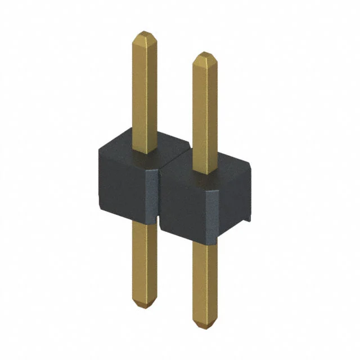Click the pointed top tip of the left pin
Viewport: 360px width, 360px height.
pyautogui.click(x=145, y=34)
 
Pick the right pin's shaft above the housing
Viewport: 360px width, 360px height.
pyautogui.click(x=205, y=112)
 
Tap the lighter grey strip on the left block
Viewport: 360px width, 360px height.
pyautogui.click(x=152, y=194)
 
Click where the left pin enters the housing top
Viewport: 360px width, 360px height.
pyautogui.click(x=145, y=153)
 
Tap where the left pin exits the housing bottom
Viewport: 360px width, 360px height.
pyautogui.click(x=145, y=223)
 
